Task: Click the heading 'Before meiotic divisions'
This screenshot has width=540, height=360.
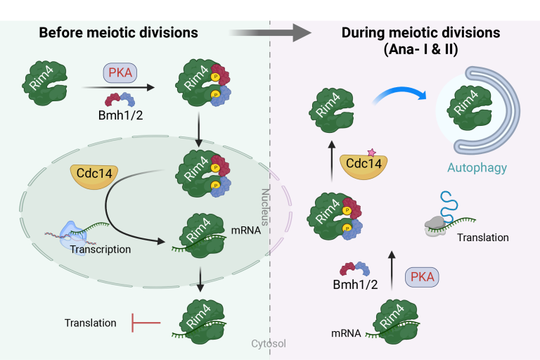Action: pyautogui.click(x=118, y=32)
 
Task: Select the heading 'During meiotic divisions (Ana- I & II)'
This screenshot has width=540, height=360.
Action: pyautogui.click(x=420, y=41)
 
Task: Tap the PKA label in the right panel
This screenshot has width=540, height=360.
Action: pyautogui.click(x=423, y=277)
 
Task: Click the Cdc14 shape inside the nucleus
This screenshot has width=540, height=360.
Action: pyautogui.click(x=94, y=176)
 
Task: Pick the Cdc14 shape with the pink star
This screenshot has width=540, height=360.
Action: pyautogui.click(x=364, y=164)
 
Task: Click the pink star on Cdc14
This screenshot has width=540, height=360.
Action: pyautogui.click(x=371, y=151)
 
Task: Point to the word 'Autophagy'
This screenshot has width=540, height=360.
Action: pyautogui.click(x=477, y=168)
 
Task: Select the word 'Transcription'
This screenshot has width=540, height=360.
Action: pyautogui.click(x=100, y=249)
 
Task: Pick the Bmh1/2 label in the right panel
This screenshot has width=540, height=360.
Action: pyautogui.click(x=356, y=285)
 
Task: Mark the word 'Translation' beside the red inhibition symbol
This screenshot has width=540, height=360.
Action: pyautogui.click(x=90, y=323)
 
